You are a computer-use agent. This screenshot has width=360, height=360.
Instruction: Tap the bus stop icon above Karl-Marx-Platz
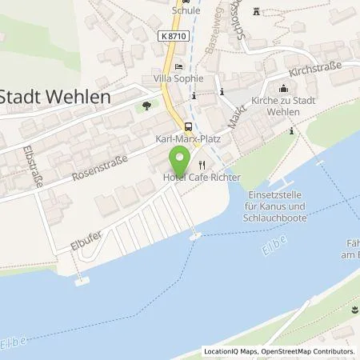pyautogui.click(x=188, y=126)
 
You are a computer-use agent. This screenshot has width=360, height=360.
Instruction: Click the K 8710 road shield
pyautogui.click(x=186, y=36)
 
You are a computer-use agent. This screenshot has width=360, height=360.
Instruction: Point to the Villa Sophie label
pyautogui.click(x=178, y=78)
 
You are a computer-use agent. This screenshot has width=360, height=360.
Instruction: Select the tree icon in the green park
pyautogui.click(x=146, y=105)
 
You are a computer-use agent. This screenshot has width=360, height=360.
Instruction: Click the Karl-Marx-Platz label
pyautogui.click(x=182, y=138)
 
